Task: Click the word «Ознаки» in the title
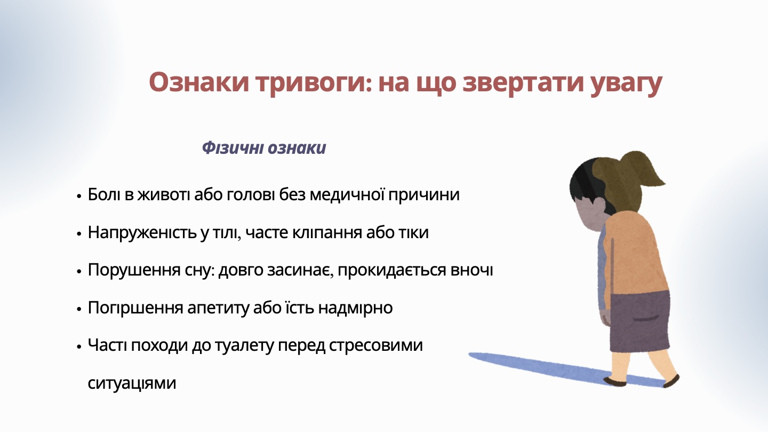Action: click(x=199, y=83)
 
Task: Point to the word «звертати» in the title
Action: click(x=523, y=84)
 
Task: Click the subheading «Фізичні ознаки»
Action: click(x=263, y=148)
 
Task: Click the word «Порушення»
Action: click(x=134, y=271)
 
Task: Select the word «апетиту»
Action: click(x=218, y=308)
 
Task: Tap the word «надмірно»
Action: click(x=355, y=308)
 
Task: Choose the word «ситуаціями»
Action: click(x=132, y=383)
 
